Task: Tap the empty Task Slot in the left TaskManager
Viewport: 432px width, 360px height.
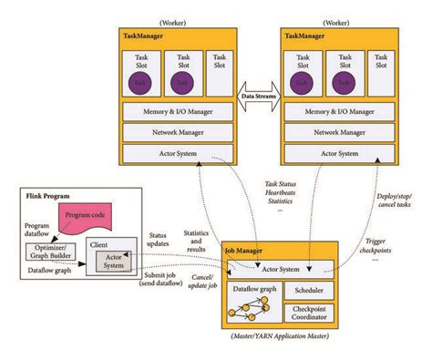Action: [x=219, y=74]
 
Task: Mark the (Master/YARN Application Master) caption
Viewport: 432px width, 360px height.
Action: [x=280, y=340]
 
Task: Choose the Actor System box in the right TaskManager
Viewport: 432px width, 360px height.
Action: [x=340, y=154]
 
